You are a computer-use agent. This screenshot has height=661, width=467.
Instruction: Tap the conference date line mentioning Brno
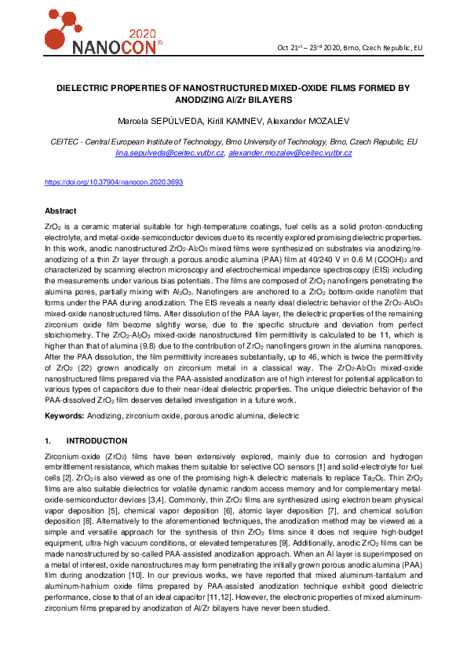point(350,48)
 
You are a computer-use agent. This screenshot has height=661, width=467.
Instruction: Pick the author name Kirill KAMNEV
point(233,121)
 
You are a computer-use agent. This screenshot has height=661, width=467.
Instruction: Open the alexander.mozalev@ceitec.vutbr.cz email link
point(291,153)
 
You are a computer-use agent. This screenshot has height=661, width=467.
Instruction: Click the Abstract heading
point(60,212)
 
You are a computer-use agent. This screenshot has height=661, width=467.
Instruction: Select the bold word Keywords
point(65,414)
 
